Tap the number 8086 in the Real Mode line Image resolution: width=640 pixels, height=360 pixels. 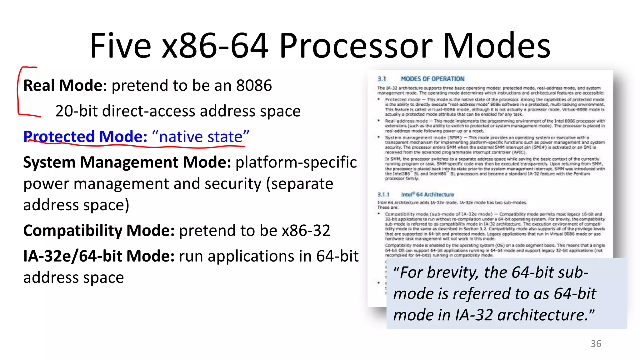click(254, 85)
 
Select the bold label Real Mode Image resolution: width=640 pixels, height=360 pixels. click(63, 85)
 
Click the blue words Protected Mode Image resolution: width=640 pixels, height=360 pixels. click(85, 137)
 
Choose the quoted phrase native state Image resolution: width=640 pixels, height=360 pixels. click(201, 137)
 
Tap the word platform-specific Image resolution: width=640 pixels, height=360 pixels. click(296, 162)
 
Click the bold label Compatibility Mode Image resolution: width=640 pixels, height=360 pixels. click(99, 231)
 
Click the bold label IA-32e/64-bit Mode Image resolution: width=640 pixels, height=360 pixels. click(99, 256)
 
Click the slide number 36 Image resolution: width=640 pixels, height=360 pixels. click(596, 344)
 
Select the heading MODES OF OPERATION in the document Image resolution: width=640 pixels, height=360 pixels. click(432, 79)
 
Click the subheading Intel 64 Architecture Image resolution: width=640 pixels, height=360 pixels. click(427, 195)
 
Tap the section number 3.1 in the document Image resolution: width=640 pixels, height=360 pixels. click(382, 79)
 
